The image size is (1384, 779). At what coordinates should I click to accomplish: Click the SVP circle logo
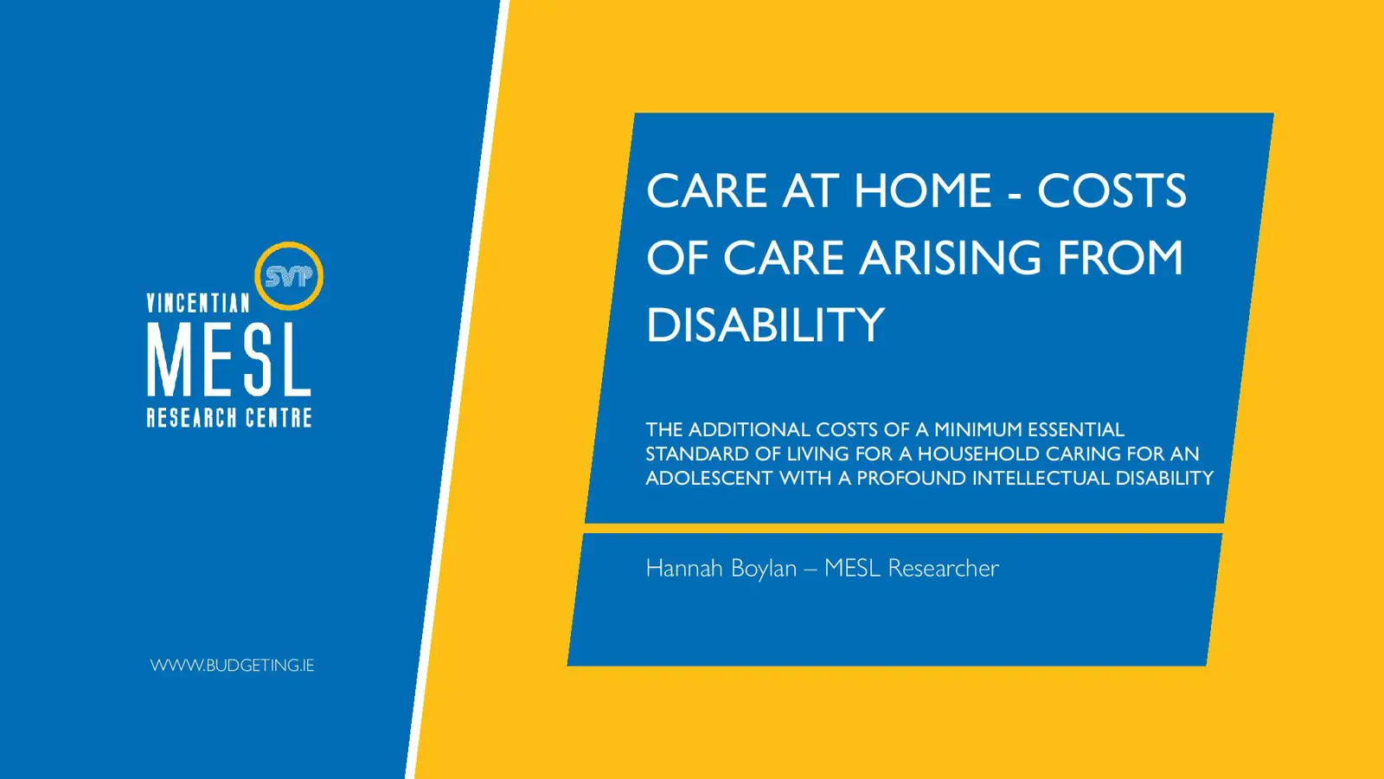point(289,276)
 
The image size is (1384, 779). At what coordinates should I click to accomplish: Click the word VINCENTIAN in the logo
point(198,303)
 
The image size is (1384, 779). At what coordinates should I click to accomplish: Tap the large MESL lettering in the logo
point(228,360)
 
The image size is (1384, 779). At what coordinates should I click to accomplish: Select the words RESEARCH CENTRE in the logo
point(229,418)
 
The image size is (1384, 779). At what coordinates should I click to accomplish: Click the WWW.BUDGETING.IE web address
point(232,666)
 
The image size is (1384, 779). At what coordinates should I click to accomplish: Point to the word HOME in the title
point(922,190)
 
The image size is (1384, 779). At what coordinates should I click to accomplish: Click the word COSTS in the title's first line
point(1112,190)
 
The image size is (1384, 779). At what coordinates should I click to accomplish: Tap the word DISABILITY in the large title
point(766,325)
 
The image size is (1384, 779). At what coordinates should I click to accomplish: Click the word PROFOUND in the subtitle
point(911,479)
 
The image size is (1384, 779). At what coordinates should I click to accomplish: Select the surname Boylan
point(764,569)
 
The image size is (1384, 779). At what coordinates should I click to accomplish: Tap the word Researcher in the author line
point(943,569)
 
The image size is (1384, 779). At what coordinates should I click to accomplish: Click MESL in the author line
point(852,569)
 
